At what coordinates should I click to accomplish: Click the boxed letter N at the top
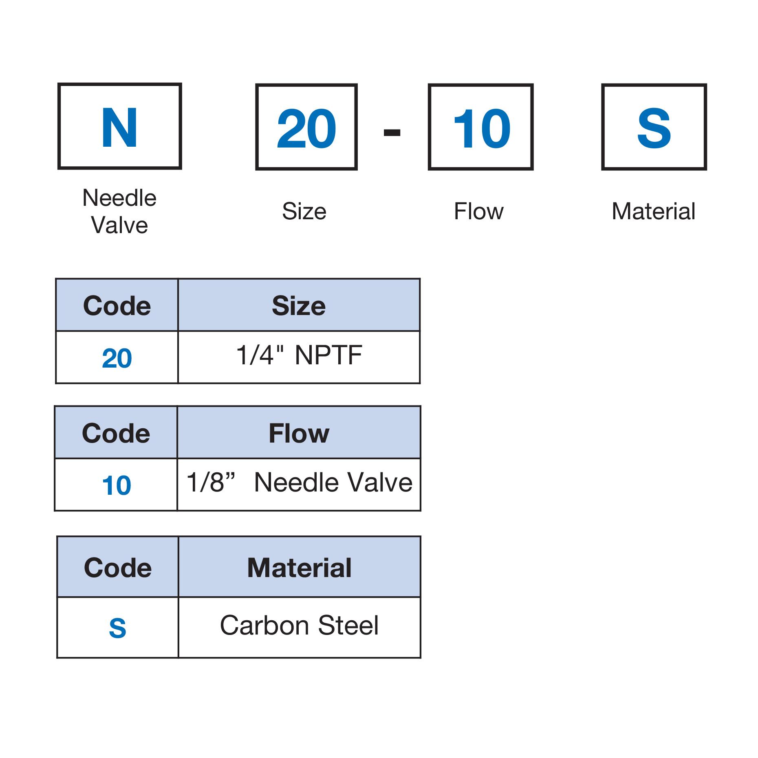119,128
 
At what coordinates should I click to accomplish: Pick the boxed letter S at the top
654,128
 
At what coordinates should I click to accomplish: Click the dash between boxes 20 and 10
392,132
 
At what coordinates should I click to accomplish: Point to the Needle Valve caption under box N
119,212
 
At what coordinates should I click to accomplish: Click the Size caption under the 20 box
304,212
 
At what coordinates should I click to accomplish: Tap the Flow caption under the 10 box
479,212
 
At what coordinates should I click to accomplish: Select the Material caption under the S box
654,212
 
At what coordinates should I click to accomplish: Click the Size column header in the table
299,306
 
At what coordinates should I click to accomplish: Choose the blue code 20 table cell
117,358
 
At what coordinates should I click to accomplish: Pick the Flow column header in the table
299,433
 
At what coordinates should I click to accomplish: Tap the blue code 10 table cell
117,485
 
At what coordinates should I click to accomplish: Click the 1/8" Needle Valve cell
300,483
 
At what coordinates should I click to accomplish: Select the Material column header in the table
299,568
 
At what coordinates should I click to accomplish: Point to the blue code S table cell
117,628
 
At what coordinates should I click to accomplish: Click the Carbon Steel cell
299,625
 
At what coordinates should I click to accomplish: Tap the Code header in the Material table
117,568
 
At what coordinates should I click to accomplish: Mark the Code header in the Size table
117,306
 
